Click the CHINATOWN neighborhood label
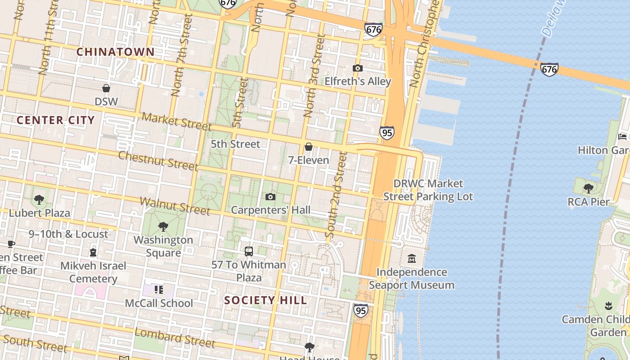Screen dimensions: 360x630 click(115, 52)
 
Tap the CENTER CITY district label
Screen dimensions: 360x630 click(56, 120)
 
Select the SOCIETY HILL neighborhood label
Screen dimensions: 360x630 click(265, 300)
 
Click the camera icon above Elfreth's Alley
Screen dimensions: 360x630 click(358, 68)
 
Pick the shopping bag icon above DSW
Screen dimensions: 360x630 click(106, 88)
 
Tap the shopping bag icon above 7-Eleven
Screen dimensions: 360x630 click(309, 147)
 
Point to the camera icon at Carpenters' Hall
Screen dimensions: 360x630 click(270, 197)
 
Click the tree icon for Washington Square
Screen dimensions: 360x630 click(163, 227)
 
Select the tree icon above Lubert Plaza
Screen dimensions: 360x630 click(39, 199)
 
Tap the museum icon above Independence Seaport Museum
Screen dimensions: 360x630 click(412, 259)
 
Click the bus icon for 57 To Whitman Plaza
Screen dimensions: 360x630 click(249, 252)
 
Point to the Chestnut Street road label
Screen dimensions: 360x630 click(158, 161)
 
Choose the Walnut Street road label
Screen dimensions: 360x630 click(175, 206)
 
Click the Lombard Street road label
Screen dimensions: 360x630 click(175, 338)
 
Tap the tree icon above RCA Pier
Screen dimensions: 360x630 click(588, 189)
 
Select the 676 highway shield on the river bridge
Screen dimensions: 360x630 click(549, 69)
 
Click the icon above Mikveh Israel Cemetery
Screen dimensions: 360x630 click(93, 252)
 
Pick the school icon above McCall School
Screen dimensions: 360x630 click(158, 290)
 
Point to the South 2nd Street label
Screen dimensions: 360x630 click(336, 195)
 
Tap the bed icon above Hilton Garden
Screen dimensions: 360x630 click(623, 136)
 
